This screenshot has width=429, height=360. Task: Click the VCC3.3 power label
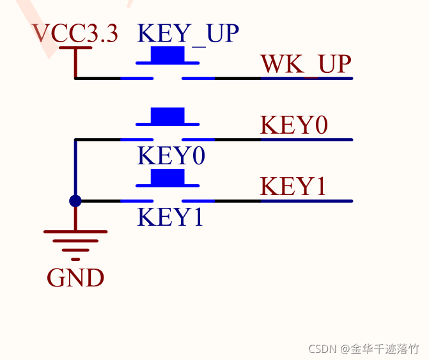[75, 33]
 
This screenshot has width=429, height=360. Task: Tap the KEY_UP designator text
[188, 33]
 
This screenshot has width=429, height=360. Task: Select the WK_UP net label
[306, 64]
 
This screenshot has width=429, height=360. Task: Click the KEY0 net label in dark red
[294, 125]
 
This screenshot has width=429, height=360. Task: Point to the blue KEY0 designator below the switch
[171, 156]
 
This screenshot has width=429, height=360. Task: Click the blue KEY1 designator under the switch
[170, 217]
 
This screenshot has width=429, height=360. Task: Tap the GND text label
[75, 278]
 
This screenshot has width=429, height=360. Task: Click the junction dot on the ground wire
[75, 201]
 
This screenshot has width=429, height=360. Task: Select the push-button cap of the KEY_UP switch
[168, 55]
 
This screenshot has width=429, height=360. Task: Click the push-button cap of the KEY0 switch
[168, 116]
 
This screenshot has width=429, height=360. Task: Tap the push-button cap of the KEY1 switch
[168, 178]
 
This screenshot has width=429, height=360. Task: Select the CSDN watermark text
[363, 348]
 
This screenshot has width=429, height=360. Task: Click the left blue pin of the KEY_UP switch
[137, 78]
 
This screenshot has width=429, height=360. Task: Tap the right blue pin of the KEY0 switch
[199, 139]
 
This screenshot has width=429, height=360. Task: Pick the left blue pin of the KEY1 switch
[137, 201]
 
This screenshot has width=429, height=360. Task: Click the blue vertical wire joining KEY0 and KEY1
[75, 169]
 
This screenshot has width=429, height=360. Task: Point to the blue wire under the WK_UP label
[306, 78]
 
